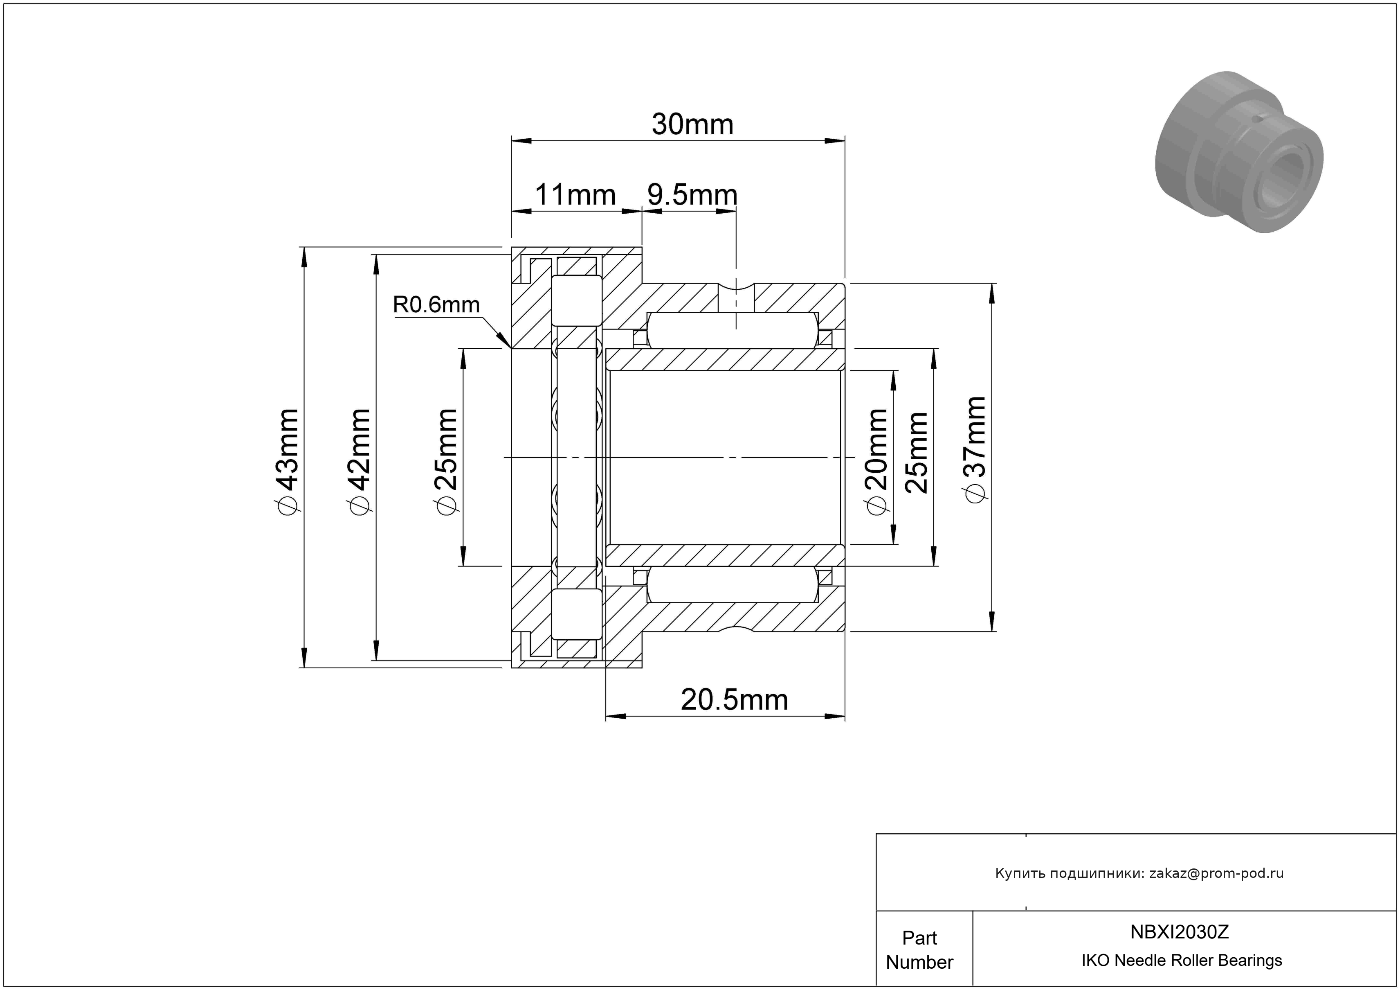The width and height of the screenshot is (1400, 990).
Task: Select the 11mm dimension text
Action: [x=575, y=195]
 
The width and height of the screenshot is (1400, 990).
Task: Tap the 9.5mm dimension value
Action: [x=692, y=195]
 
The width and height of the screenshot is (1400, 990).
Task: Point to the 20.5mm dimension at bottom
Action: [x=734, y=700]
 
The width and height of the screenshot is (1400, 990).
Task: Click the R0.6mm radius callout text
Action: [x=436, y=304]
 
